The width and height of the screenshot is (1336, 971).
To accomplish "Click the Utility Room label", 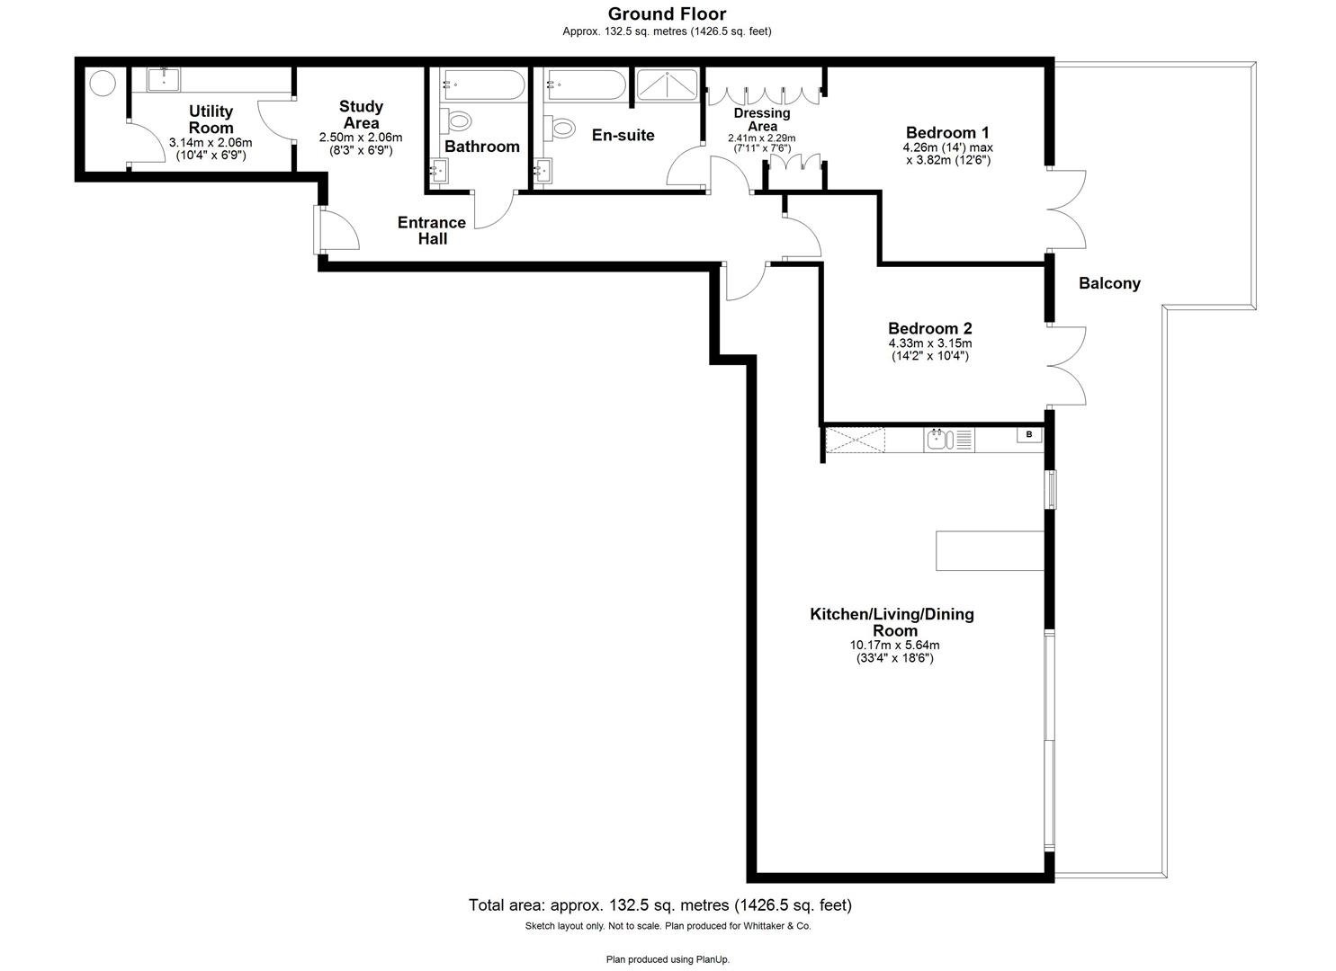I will click(x=211, y=120).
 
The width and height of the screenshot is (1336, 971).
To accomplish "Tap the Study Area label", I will click(x=361, y=115).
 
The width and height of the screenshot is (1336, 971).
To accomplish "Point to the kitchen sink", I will click(x=938, y=440).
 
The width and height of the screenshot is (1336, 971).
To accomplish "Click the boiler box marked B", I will click(x=1029, y=435).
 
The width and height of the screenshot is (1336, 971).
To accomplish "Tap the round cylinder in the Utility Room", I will click(x=103, y=83).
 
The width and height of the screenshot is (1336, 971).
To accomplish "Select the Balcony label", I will click(x=1109, y=283).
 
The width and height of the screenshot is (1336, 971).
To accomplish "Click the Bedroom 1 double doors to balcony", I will click(x=1066, y=209).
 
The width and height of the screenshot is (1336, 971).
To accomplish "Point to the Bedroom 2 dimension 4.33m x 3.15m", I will click(x=929, y=343).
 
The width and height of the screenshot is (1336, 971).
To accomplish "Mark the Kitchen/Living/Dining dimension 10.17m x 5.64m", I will click(x=894, y=645).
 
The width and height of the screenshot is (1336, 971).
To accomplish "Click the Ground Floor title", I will click(x=667, y=13).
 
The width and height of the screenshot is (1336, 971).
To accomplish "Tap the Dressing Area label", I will click(x=762, y=120).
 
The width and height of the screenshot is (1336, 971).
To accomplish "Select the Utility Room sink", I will click(x=164, y=79).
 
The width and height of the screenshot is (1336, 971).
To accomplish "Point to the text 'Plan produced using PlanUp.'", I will click(x=668, y=959).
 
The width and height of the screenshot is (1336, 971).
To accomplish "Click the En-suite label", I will click(x=623, y=136).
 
